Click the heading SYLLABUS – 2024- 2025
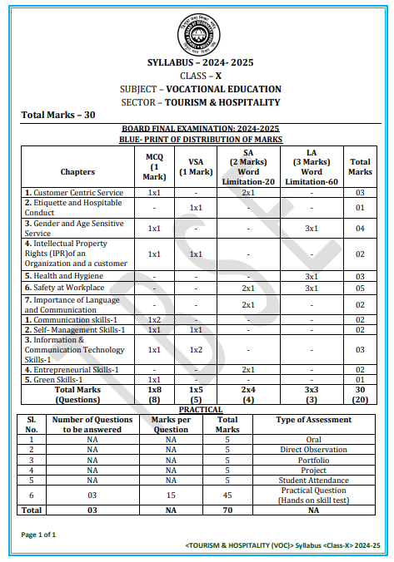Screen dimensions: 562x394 pyautogui.click(x=200, y=63)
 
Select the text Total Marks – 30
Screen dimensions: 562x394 pyautogui.click(x=57, y=115)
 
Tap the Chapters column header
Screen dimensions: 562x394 pyautogui.click(x=77, y=170)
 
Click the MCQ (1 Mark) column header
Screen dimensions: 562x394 pyautogui.click(x=154, y=166)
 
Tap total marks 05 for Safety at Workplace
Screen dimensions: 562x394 pyautogui.click(x=360, y=287)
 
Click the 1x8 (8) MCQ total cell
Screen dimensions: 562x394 pyautogui.click(x=154, y=394)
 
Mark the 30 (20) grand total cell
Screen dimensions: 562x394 pyautogui.click(x=360, y=394)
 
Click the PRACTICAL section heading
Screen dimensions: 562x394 pyautogui.click(x=201, y=409)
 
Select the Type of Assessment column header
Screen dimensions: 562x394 pyautogui.click(x=313, y=420)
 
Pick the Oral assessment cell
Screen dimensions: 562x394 pyautogui.click(x=313, y=440)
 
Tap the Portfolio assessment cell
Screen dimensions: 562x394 pyautogui.click(x=313, y=460)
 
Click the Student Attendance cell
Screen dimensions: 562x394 pyautogui.click(x=313, y=480)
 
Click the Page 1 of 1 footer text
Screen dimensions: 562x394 pyautogui.click(x=37, y=535)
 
